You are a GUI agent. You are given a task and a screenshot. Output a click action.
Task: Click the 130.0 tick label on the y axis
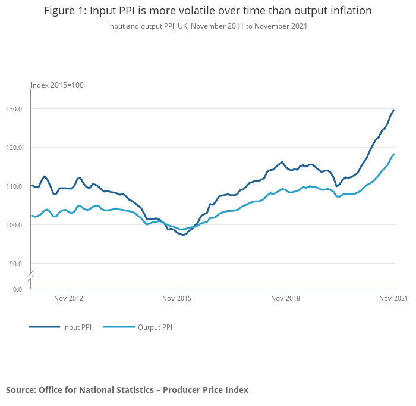point(14,109)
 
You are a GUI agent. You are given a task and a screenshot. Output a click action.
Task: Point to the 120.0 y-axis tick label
point(14,148)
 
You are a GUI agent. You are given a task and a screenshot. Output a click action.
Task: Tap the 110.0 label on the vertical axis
point(14,186)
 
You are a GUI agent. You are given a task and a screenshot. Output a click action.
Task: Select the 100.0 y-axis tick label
point(14,225)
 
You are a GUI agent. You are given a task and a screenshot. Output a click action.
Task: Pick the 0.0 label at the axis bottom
point(18,289)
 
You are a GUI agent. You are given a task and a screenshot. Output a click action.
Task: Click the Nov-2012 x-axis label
point(69,298)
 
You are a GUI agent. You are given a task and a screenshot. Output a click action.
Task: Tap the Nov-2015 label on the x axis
point(177,298)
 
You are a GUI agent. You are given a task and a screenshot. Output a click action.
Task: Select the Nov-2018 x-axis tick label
point(285,298)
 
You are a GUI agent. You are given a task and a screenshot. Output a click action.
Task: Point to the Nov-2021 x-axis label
point(393,298)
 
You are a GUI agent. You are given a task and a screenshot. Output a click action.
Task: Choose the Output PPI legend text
point(155,327)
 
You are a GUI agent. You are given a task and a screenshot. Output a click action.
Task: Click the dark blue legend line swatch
point(44,327)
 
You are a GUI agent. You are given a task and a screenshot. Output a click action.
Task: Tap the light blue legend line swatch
point(119,327)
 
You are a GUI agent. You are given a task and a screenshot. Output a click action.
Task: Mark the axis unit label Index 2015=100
point(57,85)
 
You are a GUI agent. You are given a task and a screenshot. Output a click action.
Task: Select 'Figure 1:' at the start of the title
point(65,11)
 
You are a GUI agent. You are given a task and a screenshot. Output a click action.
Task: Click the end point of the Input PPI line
point(393,110)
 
